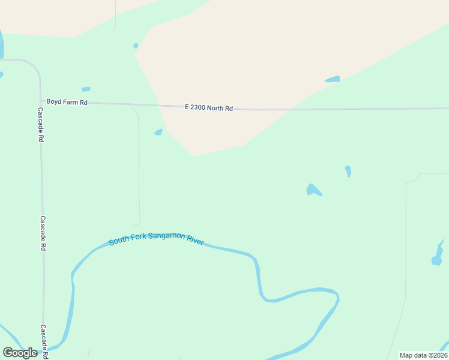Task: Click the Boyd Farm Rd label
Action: pos(67,103)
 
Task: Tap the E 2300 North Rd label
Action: pos(208,108)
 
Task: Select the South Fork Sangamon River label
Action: pos(156,241)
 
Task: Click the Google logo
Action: pos(20,353)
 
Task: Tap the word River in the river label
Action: pos(194,242)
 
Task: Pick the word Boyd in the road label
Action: pos(54,103)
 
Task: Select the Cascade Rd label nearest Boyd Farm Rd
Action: pos(40,124)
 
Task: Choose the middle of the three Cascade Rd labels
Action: pos(43,233)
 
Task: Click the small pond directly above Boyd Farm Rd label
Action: pos(86,89)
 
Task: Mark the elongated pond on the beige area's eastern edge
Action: pos(332,79)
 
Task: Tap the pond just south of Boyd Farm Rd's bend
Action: pos(158,132)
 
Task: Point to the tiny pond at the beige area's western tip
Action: pos(136,46)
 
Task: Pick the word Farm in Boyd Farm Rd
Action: pos(70,103)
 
